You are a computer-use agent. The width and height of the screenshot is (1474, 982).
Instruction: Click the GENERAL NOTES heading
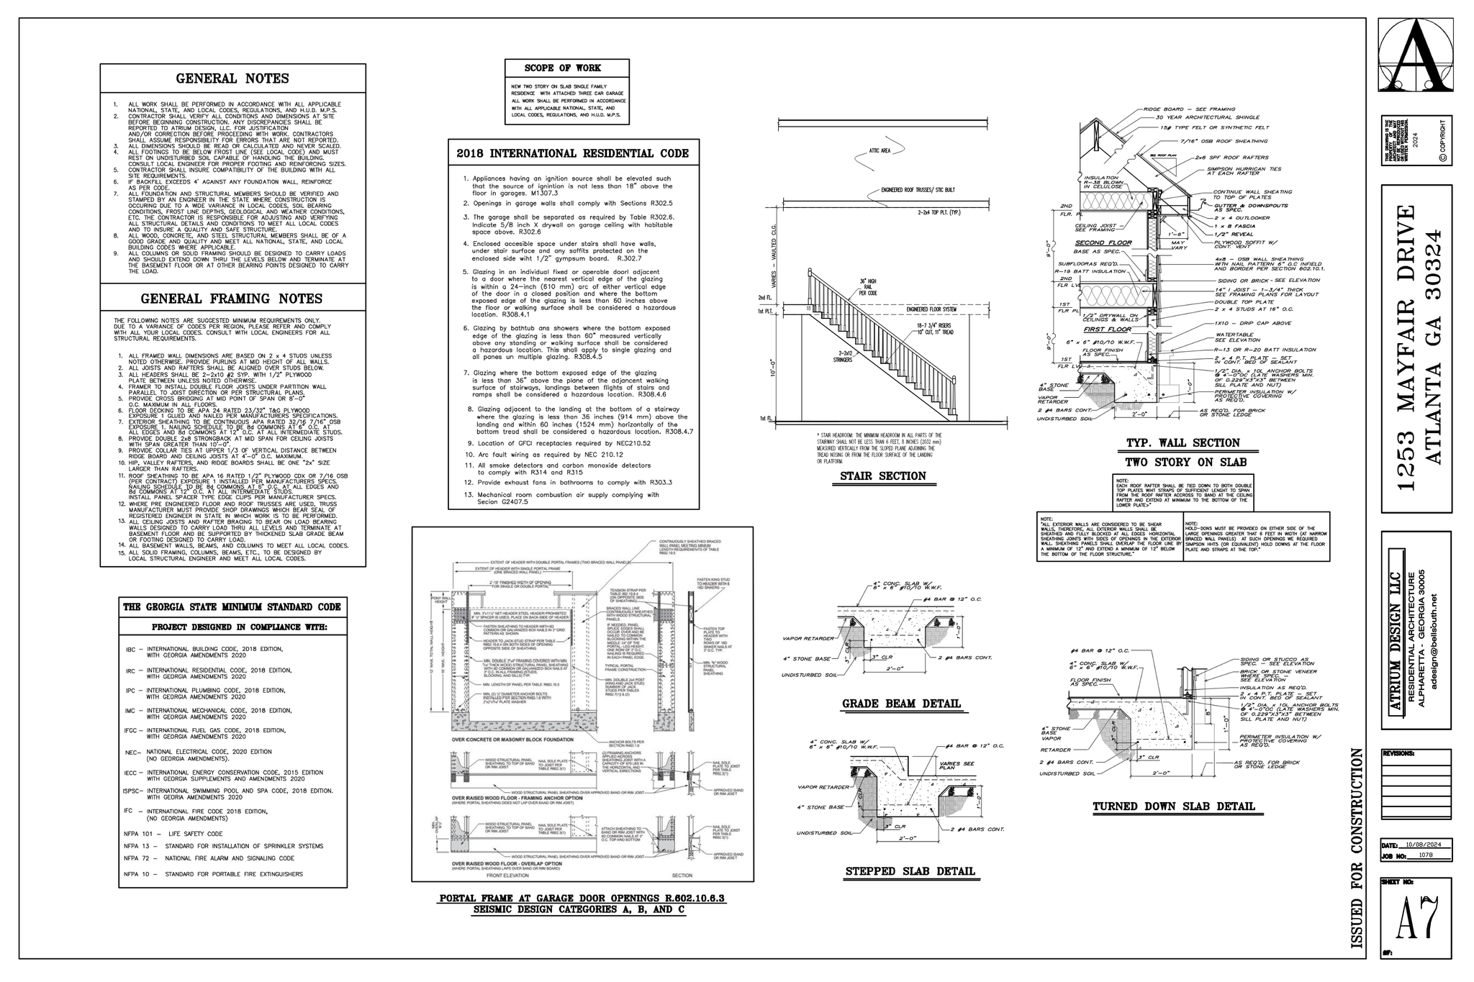[232, 78]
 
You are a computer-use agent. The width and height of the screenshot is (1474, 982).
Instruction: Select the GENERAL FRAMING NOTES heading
[232, 299]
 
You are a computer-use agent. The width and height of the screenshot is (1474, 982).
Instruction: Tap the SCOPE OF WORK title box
[567, 68]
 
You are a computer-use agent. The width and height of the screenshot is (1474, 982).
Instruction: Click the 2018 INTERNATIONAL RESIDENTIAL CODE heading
[573, 153]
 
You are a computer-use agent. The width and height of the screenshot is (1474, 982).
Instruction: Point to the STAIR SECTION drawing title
[882, 476]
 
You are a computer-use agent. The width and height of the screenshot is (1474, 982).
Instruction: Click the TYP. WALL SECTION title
[1183, 443]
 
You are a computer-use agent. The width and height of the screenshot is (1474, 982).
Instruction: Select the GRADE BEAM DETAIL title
[901, 703]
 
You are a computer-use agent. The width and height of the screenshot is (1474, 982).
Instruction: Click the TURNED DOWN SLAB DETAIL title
[1174, 806]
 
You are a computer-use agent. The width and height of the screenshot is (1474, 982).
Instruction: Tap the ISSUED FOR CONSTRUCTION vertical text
[1357, 849]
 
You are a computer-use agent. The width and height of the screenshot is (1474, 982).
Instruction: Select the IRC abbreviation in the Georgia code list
[130, 670]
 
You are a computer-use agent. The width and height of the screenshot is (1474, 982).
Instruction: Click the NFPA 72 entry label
[135, 858]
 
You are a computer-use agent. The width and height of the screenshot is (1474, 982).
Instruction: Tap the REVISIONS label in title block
[1398, 754]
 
